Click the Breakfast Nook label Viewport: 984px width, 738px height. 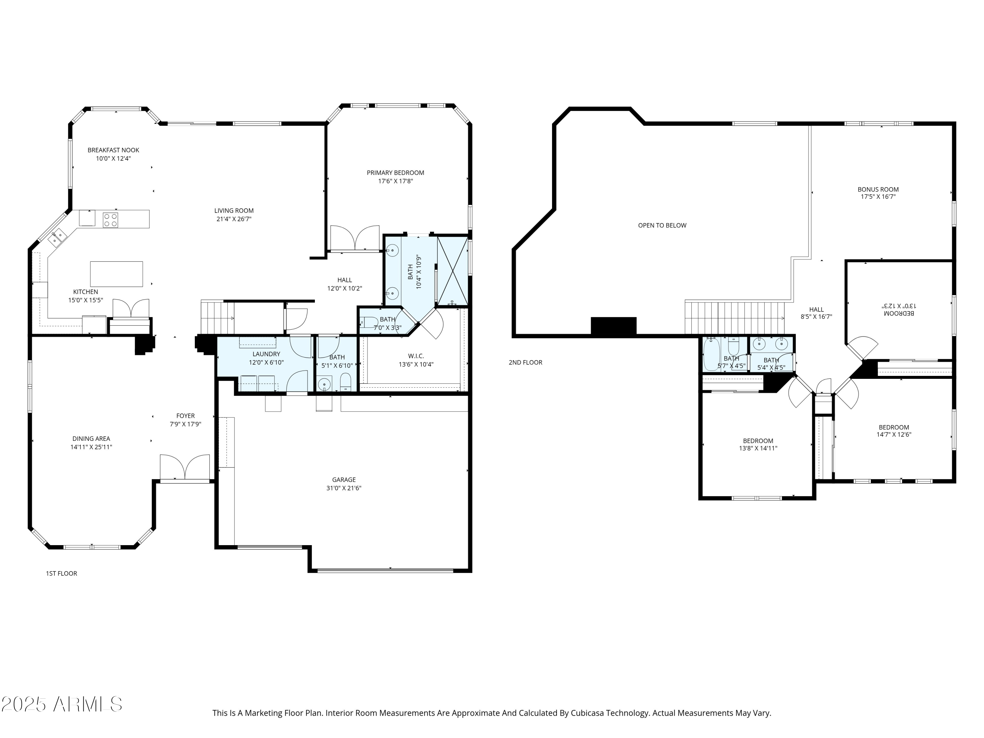[113, 150]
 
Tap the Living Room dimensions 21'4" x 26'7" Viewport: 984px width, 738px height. [234, 219]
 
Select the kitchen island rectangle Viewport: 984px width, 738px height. [116, 274]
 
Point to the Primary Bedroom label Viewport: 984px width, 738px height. [396, 173]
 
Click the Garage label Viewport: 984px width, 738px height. [344, 480]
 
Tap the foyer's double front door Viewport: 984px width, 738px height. [185, 468]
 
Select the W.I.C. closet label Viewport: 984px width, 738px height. [416, 356]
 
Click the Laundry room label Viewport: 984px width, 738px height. [266, 354]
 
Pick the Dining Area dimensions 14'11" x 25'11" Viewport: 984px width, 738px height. [91, 447]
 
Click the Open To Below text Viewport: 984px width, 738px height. [662, 226]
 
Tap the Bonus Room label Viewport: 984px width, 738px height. [878, 190]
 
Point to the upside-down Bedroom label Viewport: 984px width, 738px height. [899, 313]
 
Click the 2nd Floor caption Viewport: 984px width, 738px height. [525, 362]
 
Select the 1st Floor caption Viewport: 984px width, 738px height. [61, 573]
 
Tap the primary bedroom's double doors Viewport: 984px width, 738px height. [355, 238]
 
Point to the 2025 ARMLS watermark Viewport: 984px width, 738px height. [62, 704]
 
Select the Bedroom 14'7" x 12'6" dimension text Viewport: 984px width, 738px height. [894, 435]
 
